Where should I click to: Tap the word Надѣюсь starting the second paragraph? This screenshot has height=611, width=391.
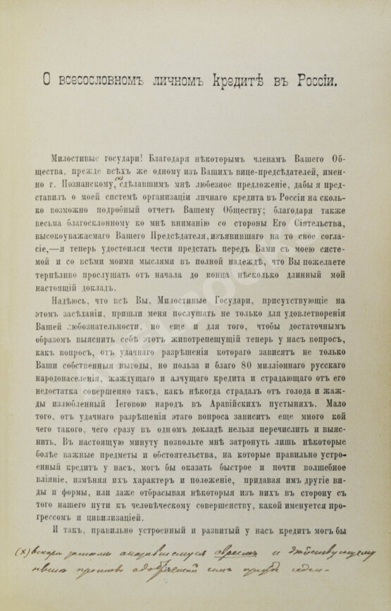70,294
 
